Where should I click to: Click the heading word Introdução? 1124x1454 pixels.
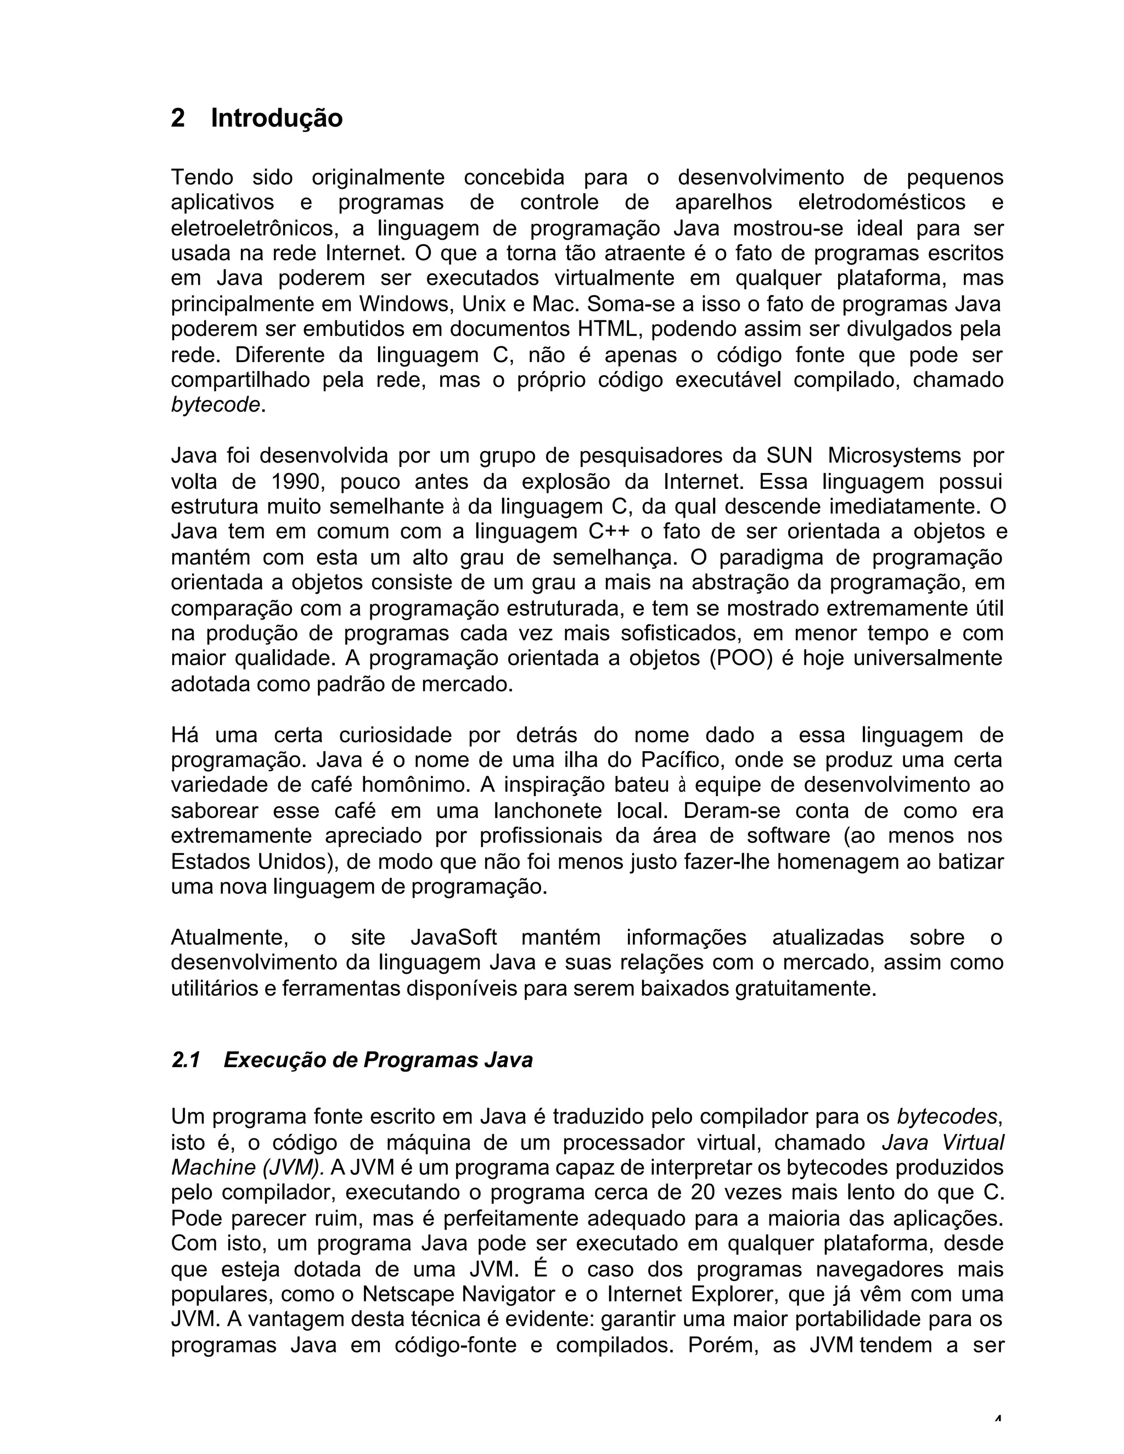[277, 119]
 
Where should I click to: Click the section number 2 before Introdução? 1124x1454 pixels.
[178, 119]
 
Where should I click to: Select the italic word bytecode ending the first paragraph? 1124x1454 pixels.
[215, 405]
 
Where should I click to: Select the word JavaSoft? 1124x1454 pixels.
[453, 937]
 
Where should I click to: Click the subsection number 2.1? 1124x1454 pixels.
[186, 1060]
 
